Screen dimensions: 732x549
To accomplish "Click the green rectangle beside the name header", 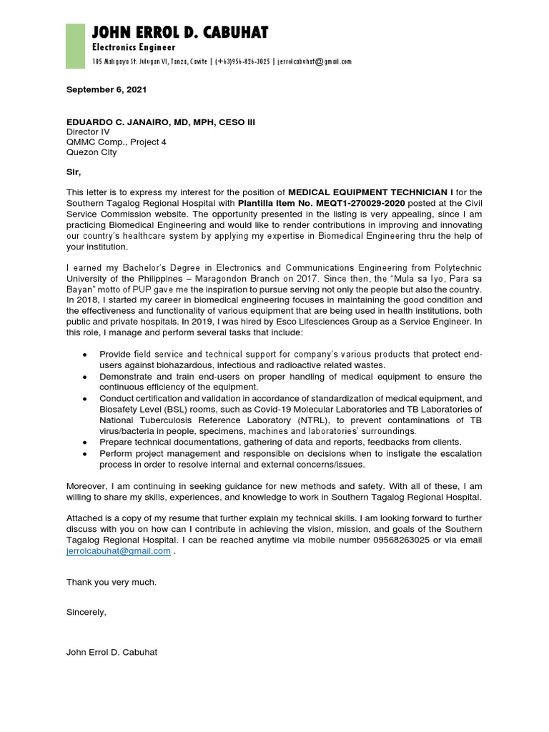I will (75, 46).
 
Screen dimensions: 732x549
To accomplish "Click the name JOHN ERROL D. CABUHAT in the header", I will (180, 32).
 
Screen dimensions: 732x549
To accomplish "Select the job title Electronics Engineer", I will (134, 47).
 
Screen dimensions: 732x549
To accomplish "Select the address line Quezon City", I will (91, 152).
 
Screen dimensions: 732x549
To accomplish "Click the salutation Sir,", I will (74, 172).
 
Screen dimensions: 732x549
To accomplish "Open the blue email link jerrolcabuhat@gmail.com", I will (119, 551).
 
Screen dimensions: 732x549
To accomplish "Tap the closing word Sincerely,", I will (86, 612).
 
